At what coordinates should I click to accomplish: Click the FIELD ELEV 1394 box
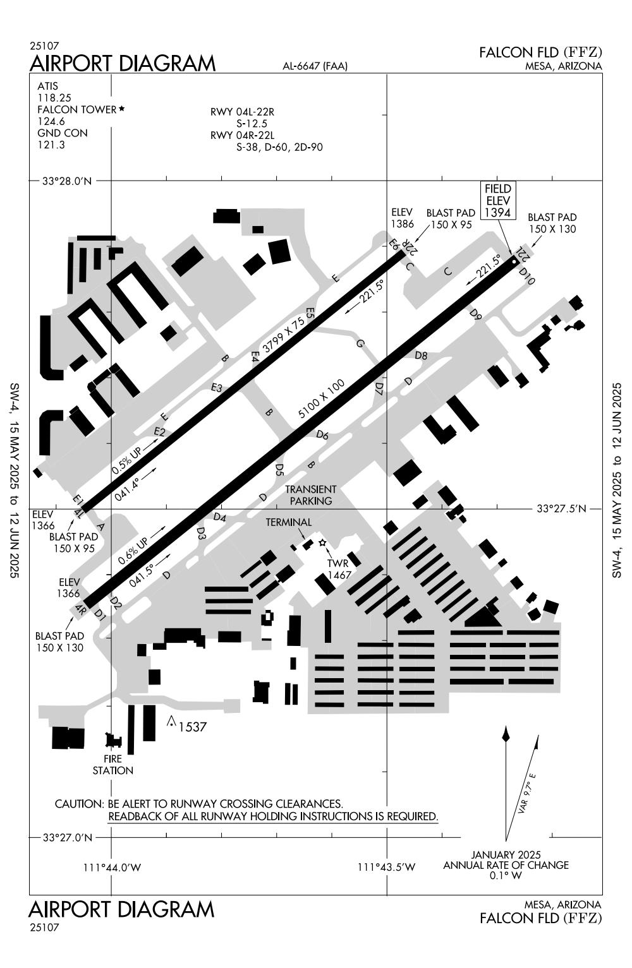497,201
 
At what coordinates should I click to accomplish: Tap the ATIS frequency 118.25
54,98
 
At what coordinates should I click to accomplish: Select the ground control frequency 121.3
51,145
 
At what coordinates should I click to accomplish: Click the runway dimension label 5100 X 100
322,400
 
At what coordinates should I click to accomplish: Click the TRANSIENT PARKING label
310,495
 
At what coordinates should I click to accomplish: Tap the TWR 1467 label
339,570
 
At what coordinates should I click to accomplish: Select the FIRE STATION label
113,765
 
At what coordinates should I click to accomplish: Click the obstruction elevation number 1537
192,727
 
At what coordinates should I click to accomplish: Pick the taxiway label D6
322,435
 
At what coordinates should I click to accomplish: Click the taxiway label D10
526,276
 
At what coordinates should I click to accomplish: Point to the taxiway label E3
217,388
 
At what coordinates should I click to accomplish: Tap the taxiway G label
360,344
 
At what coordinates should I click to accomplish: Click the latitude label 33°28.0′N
67,181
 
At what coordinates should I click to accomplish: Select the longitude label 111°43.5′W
387,868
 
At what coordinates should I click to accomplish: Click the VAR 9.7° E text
526,792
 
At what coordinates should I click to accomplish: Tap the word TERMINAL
288,522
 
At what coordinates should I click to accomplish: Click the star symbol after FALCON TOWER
121,109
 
